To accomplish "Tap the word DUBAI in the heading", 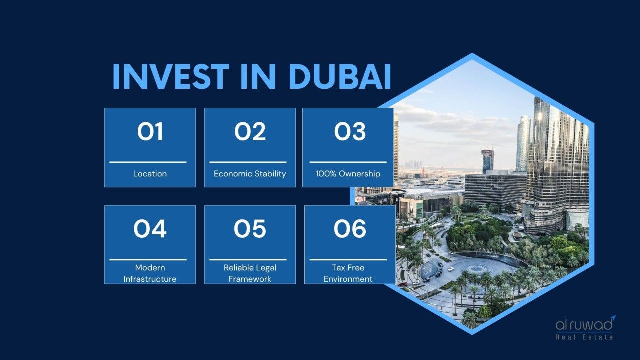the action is tap(339, 76).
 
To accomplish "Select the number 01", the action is tap(150, 131).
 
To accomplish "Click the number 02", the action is tap(250, 131).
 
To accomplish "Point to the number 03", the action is tap(350, 131).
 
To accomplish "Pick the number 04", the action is tap(150, 229).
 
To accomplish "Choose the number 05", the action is tap(250, 229).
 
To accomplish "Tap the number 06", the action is tap(350, 229).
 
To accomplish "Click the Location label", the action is tap(150, 173).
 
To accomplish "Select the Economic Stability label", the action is tap(250, 173).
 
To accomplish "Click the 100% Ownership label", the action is tap(348, 173).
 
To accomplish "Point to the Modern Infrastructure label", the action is tap(150, 273).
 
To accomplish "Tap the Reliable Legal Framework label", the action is tap(250, 273).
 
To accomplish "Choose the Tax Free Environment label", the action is tap(348, 273).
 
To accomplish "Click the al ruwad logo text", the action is tap(584, 325).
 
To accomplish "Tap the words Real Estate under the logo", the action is tap(584, 337).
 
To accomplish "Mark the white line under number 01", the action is tap(148, 162).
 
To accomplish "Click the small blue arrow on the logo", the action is tap(613, 318).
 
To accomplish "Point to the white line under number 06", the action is tap(348, 259).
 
